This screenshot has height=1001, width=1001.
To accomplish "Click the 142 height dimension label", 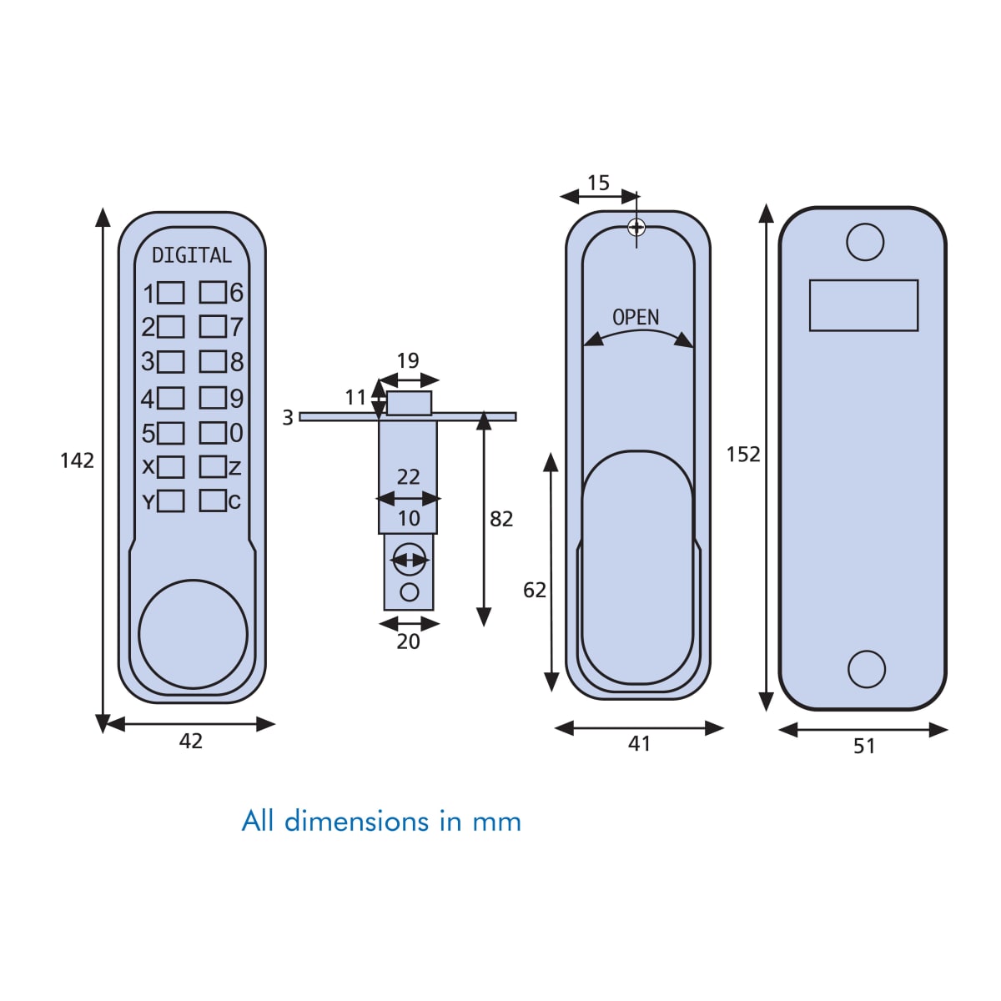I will [77, 460].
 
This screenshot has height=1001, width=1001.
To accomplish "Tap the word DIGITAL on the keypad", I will [191, 255].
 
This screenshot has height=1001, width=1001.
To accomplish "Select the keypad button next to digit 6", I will [213, 292].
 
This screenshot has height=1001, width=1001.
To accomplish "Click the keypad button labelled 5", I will [171, 433].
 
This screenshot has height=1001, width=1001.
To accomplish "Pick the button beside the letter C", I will [213, 500].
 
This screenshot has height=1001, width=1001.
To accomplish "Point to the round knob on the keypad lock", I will [193, 634].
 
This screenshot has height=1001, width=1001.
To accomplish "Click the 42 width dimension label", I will [191, 741].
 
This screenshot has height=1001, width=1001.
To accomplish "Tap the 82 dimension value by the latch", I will [501, 519].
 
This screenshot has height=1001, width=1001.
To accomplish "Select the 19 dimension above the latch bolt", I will [408, 360].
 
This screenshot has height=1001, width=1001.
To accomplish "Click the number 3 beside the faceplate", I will [288, 417].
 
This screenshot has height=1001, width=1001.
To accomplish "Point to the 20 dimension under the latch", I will [408, 641].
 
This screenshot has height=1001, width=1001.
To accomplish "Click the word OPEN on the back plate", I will [636, 318].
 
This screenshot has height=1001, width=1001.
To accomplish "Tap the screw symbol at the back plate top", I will [636, 226].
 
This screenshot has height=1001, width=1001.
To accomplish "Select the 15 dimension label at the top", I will [598, 183].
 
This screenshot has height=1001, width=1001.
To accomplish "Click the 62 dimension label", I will [535, 590].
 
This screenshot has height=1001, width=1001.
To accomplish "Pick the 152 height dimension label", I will [743, 454].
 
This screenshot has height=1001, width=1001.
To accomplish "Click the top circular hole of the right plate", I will [865, 242].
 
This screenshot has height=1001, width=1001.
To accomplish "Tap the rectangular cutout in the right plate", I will [863, 305].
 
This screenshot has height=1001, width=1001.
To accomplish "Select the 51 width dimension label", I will [864, 746].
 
